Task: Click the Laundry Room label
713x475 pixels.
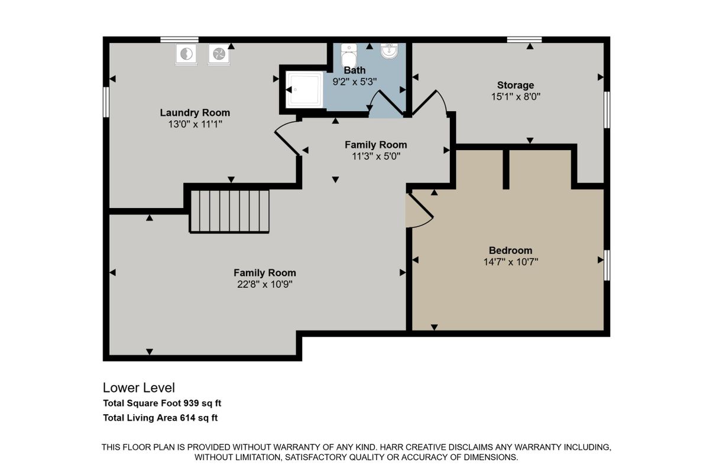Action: (x=195, y=113)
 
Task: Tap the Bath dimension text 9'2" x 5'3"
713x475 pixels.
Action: (x=355, y=82)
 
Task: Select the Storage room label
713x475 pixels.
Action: (x=516, y=85)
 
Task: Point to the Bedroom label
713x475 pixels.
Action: (x=511, y=250)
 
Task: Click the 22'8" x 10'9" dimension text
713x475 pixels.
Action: (x=265, y=284)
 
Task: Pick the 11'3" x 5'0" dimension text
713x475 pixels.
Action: (x=376, y=156)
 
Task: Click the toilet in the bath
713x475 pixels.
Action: (x=349, y=56)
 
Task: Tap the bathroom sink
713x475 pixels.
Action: (x=389, y=51)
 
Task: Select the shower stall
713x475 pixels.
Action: (x=304, y=90)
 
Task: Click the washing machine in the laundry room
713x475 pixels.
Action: (x=186, y=54)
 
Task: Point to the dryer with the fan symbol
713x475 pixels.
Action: (x=219, y=54)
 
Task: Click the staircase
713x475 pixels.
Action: (x=229, y=212)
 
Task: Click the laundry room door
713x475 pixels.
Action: (x=287, y=139)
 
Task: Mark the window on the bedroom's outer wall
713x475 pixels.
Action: (x=607, y=265)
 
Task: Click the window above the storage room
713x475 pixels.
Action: (x=524, y=40)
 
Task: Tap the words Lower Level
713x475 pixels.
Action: (x=139, y=388)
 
